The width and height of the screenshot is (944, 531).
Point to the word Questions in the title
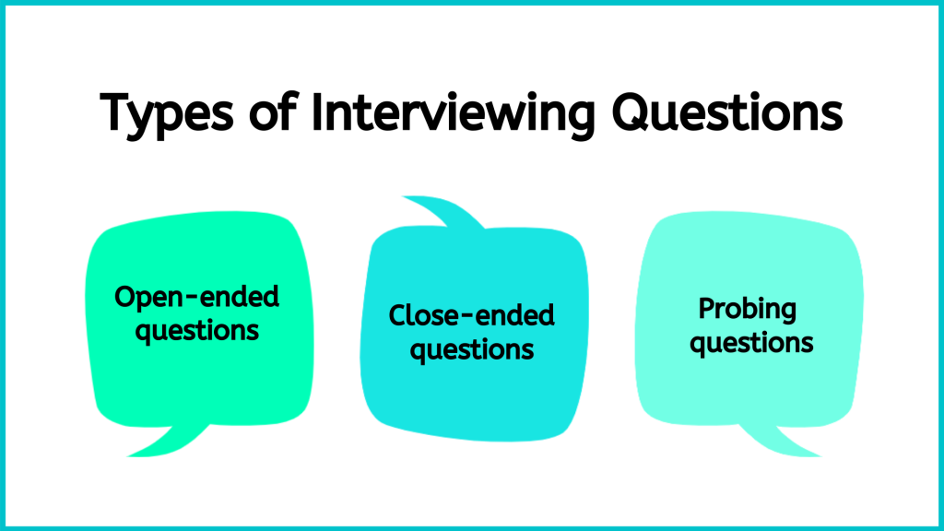[x=724, y=112]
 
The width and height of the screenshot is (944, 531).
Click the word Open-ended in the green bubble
[x=196, y=298]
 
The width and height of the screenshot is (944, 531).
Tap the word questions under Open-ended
[x=196, y=329]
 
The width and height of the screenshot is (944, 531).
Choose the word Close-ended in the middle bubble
[x=471, y=316]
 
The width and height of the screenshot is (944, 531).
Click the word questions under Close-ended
[x=471, y=349]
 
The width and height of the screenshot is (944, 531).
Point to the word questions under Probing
[x=751, y=342]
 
